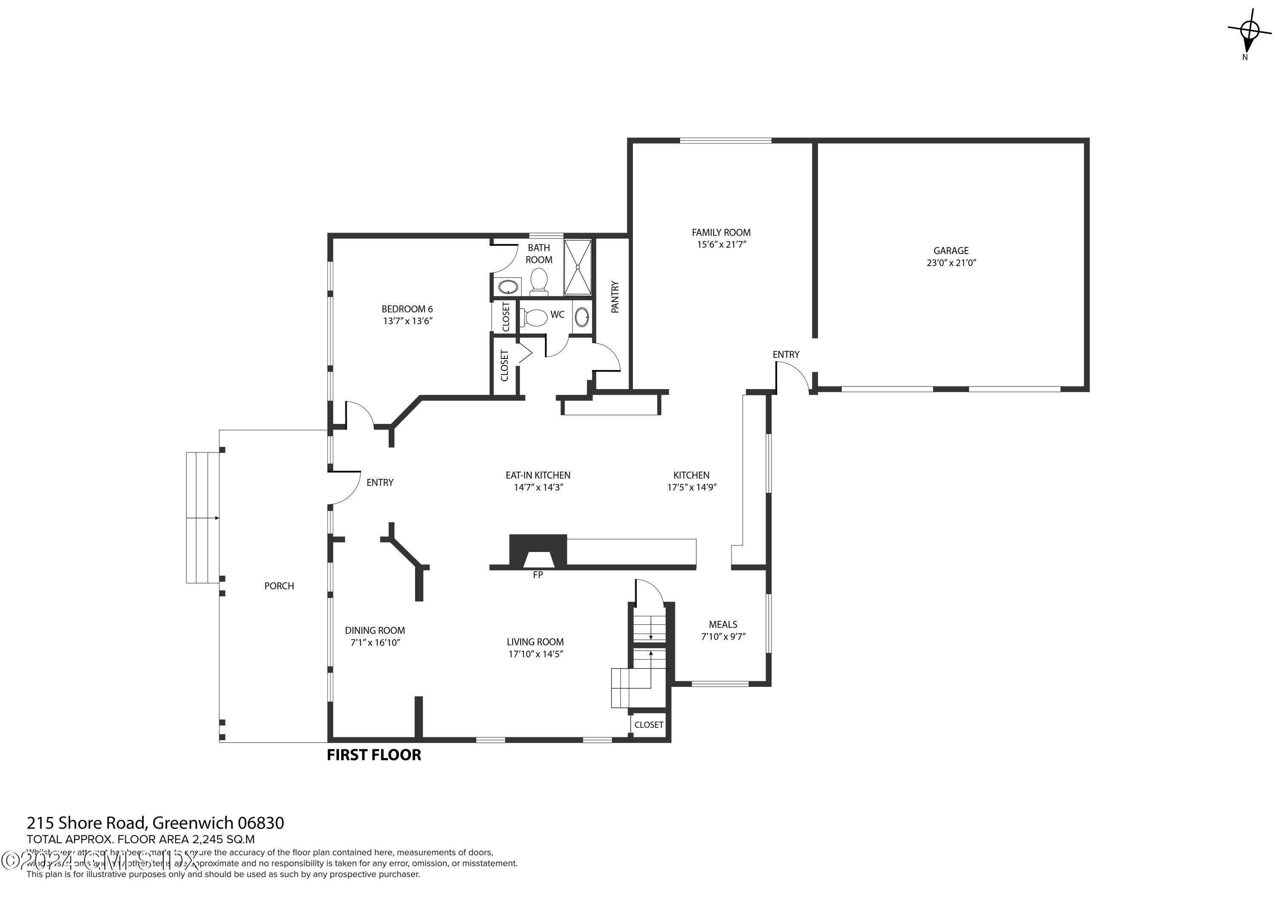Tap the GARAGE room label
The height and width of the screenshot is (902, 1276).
coord(951,250)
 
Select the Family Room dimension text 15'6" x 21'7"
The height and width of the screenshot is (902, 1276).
coord(721,245)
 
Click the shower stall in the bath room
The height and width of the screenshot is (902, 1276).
coord(578,267)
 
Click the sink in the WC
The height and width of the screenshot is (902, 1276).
coord(582,317)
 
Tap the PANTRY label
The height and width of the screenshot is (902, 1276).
coord(615,297)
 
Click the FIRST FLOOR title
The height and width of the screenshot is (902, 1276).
coord(373,755)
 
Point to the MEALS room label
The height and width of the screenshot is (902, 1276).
coord(723,625)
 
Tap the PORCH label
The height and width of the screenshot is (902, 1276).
coord(279,586)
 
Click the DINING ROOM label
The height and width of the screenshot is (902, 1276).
coord(375,630)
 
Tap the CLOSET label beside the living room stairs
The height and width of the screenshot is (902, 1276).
coord(649,725)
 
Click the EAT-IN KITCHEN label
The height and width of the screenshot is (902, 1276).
coord(538,475)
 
